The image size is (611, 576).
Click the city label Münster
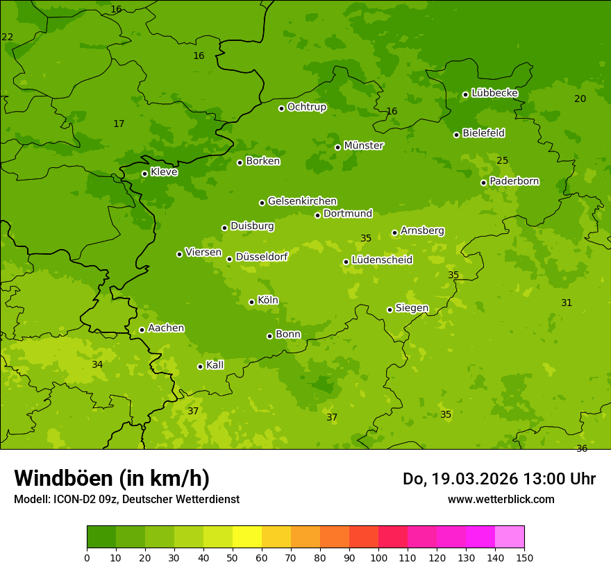[x=364, y=146]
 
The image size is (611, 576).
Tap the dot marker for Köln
[x=251, y=302]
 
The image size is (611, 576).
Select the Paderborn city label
[x=514, y=181]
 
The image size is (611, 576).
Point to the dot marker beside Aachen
[x=142, y=330]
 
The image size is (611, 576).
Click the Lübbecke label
[x=494, y=93]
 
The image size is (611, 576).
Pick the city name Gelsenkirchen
[x=302, y=201]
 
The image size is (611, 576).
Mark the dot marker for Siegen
[x=390, y=310]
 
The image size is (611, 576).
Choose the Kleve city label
[x=164, y=172]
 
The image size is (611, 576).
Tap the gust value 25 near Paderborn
[x=503, y=160]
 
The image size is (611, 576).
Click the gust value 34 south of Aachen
[x=97, y=364]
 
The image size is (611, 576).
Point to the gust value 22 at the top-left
[x=8, y=37]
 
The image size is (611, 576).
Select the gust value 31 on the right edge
[x=567, y=303]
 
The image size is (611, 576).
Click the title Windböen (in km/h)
[x=112, y=478]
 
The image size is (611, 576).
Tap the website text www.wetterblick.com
[x=501, y=499]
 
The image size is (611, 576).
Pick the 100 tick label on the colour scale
[x=378, y=557]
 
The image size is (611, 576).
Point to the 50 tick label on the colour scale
[x=233, y=557]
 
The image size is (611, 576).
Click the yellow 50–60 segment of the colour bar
[x=247, y=537]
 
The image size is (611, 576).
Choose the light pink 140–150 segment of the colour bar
[x=510, y=537]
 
